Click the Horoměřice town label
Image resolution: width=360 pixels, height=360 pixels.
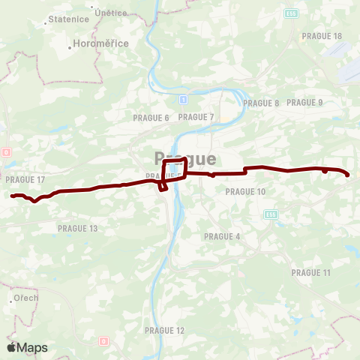[101, 44]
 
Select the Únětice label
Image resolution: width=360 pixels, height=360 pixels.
[111, 13]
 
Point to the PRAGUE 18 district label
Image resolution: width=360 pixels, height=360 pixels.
[322, 36]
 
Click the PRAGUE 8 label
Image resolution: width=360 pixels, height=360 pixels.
[261, 103]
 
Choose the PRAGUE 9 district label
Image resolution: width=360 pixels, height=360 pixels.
[304, 103]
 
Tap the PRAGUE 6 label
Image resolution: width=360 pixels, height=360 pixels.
[151, 118]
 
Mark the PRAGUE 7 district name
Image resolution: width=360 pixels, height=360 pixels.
[196, 117]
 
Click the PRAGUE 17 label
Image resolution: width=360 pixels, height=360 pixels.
[25, 180]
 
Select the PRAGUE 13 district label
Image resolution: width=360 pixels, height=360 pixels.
[78, 228]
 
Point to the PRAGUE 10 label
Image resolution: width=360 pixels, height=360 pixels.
[246, 192]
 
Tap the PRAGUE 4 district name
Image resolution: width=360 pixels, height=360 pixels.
[222, 236]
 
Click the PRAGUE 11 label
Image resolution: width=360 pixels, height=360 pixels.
[310, 272]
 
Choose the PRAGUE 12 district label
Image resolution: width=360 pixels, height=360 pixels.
[165, 330]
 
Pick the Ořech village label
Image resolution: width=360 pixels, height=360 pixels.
[25, 298]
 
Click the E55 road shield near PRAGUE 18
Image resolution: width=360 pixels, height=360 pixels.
[291, 13]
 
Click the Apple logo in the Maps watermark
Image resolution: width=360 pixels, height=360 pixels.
[11, 347]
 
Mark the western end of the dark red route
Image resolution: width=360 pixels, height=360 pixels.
[12, 196]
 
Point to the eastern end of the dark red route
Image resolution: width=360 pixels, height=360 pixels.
[348, 175]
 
